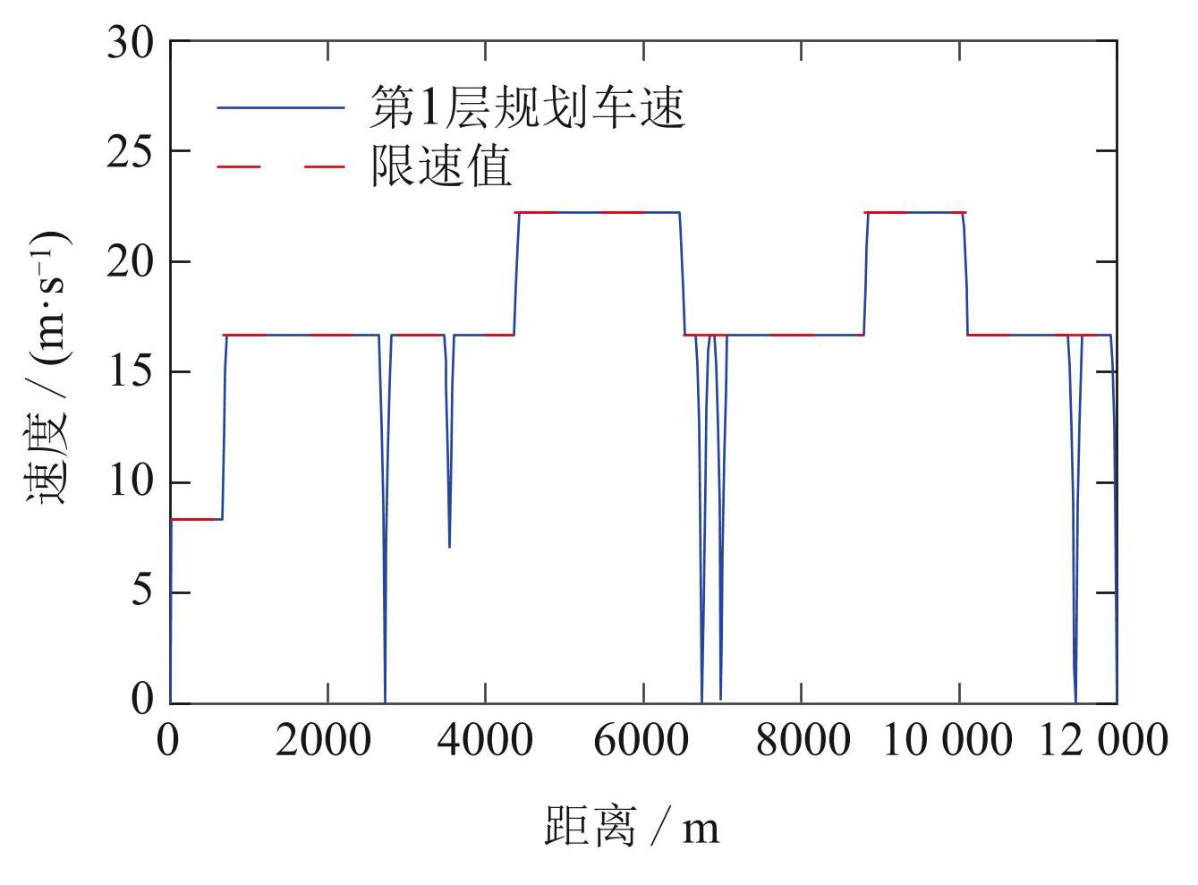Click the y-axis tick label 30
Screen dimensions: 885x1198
tap(130, 43)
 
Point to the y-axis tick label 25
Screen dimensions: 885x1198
tap(130, 152)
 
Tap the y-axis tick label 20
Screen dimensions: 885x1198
tap(130, 262)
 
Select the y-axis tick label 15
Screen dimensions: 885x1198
tap(130, 372)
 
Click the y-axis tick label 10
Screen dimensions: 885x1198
tap(130, 483)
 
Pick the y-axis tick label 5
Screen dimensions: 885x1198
tap(141, 593)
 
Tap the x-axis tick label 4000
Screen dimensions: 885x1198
tap(485, 741)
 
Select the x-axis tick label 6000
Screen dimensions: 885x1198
tap(642, 741)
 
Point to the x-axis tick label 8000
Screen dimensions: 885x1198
tap(801, 741)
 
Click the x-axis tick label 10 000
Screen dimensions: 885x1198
tap(947, 741)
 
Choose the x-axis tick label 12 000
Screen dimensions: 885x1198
tap(1103, 741)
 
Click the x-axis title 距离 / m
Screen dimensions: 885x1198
tap(632, 825)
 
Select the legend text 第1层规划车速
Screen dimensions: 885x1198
tap(528, 108)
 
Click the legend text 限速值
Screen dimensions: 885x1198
tap(441, 166)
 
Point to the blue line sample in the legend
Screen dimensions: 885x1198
tap(281, 108)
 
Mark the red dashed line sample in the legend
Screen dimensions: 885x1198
tap(281, 166)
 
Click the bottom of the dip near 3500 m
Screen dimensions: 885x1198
tap(449, 546)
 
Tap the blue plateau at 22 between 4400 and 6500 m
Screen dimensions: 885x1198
tap(598, 212)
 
